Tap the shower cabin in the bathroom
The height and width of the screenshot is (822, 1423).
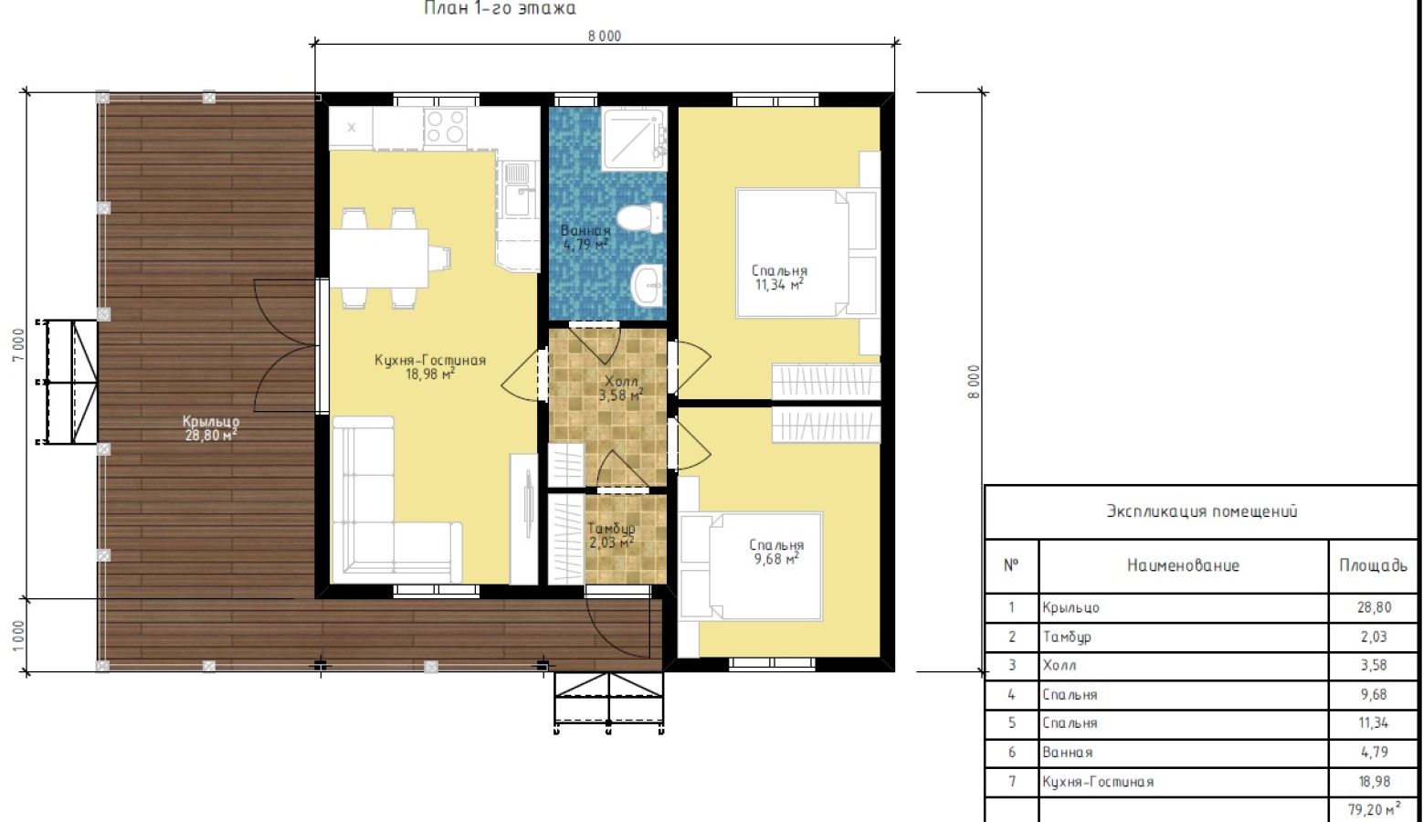[634, 139]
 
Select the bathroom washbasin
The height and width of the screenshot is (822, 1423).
[648, 286]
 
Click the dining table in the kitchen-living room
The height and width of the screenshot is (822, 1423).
[379, 259]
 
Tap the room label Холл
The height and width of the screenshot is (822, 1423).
[621, 381]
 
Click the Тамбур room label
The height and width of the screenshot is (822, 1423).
[611, 529]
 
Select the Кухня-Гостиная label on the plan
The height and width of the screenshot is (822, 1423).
[430, 360]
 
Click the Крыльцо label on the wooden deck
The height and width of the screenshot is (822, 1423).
[211, 421]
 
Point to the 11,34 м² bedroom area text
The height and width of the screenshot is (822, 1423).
[779, 284]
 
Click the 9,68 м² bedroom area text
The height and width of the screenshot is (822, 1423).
[776, 559]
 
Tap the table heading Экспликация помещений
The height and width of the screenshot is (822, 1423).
[1202, 511]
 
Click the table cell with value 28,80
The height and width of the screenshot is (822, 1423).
[1374, 607]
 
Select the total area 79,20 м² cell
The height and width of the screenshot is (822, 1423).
[1375, 809]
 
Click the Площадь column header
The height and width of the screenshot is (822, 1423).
[1374, 565]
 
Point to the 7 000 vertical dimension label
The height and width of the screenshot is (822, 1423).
[18, 344]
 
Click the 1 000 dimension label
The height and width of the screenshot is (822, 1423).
[18, 636]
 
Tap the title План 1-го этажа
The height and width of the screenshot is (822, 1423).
[500, 8]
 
